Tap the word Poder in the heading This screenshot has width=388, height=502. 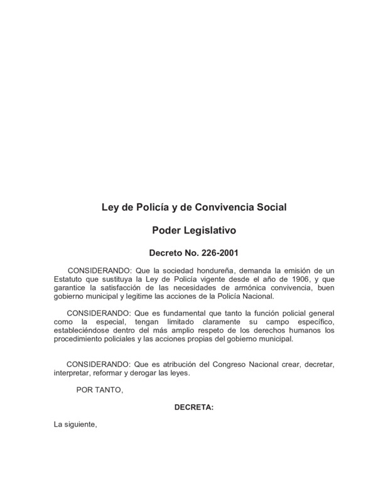coord(168,230)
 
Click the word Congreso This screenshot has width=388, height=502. coord(231,364)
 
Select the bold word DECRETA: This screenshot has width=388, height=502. coord(193,407)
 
